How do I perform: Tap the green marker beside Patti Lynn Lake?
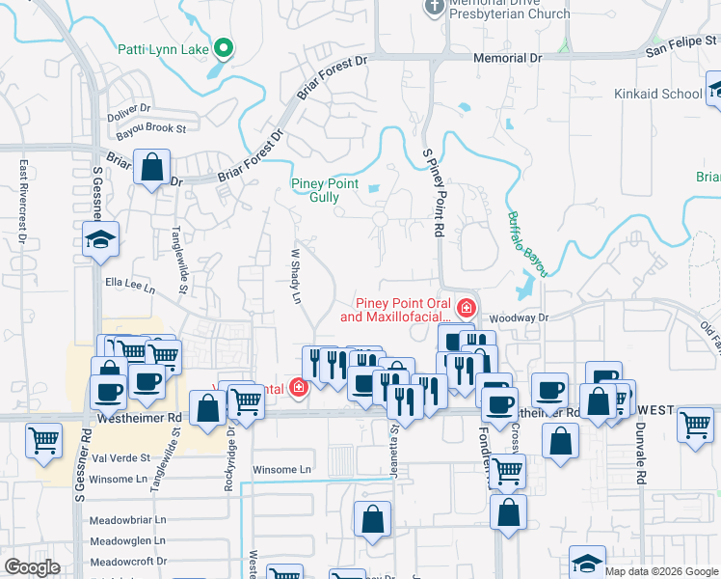225,47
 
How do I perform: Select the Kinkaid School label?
658,94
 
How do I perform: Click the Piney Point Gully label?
325,190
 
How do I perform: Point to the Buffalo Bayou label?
526,245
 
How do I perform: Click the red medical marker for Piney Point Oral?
467,308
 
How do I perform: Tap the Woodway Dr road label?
518,317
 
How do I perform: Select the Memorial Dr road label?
507,59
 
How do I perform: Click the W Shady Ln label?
297,276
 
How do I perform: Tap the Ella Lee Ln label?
130,286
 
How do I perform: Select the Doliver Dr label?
130,109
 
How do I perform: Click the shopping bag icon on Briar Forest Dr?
152,168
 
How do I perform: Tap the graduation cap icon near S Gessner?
100,240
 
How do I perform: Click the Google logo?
32,566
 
